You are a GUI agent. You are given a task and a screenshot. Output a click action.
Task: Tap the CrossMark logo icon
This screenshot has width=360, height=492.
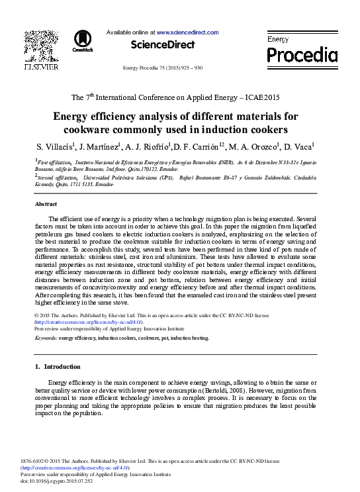point(83,40)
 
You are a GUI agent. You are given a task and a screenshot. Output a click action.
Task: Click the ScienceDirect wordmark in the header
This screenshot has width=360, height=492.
point(163,45)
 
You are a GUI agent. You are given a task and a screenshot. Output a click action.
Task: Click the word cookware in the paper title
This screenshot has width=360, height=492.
point(105,128)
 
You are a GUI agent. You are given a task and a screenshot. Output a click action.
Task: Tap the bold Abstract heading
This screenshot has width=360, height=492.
point(46,205)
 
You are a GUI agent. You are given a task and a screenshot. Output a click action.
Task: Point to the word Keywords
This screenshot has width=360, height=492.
point(46,338)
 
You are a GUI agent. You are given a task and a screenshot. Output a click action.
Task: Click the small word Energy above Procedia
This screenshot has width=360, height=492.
point(277,39)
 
